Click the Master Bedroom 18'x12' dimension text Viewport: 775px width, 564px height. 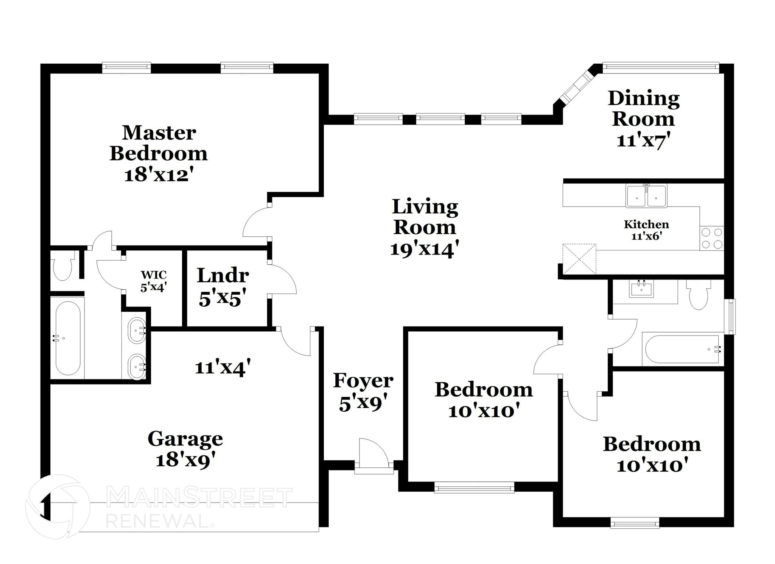159,175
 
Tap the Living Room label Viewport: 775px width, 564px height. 425,217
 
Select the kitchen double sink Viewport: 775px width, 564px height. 646,196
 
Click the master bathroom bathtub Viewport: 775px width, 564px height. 68,338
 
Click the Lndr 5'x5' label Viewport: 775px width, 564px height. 223,287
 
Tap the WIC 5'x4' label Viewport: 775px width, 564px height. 154,281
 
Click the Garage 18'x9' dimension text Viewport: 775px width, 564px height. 185,460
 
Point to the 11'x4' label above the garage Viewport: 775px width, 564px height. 223,367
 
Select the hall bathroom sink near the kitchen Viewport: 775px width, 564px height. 641,289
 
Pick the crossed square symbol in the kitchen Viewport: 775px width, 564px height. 579,259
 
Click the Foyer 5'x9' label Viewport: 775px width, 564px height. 363,392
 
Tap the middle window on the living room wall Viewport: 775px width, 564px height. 440,119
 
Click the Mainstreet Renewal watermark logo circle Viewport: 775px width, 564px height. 58,507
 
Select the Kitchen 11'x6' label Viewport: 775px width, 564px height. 646,230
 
